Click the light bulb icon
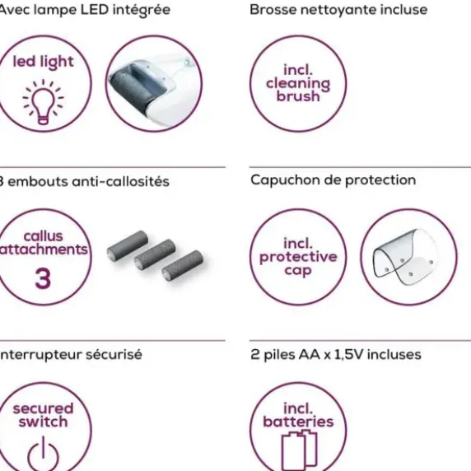(x=43, y=102)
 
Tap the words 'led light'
(x=43, y=63)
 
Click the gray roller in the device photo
(x=133, y=89)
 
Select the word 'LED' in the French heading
(x=95, y=10)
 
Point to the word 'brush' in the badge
(x=298, y=96)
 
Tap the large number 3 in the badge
(x=43, y=279)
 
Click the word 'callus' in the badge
(x=44, y=236)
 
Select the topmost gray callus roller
(x=128, y=246)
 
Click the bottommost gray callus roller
(x=182, y=265)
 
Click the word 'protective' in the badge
(x=298, y=257)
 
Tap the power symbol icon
(x=43, y=455)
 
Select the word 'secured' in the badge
(x=44, y=408)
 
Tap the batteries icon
(x=299, y=450)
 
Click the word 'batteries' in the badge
(x=298, y=421)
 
